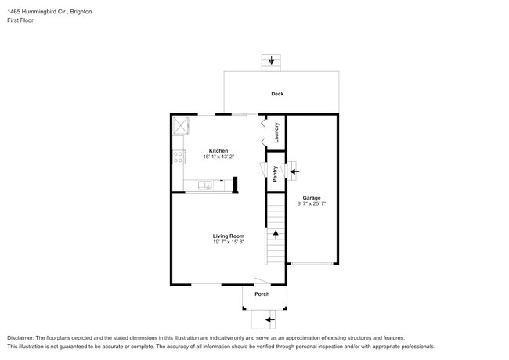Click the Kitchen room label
click(218, 150)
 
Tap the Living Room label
click(229, 236)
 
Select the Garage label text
click(312, 198)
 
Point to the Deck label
click(277, 94)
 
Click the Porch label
click(262, 293)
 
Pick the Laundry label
click(276, 132)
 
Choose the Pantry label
click(275, 174)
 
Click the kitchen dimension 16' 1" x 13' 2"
click(218, 157)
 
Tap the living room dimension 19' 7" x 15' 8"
click(229, 242)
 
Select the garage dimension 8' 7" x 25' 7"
click(312, 203)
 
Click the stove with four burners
click(179, 157)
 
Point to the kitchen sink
click(205, 185)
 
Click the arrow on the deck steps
click(272, 60)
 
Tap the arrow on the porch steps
click(270, 320)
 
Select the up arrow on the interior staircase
click(276, 235)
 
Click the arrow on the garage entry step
click(294, 171)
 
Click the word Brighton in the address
click(81, 12)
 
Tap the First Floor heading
click(20, 20)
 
